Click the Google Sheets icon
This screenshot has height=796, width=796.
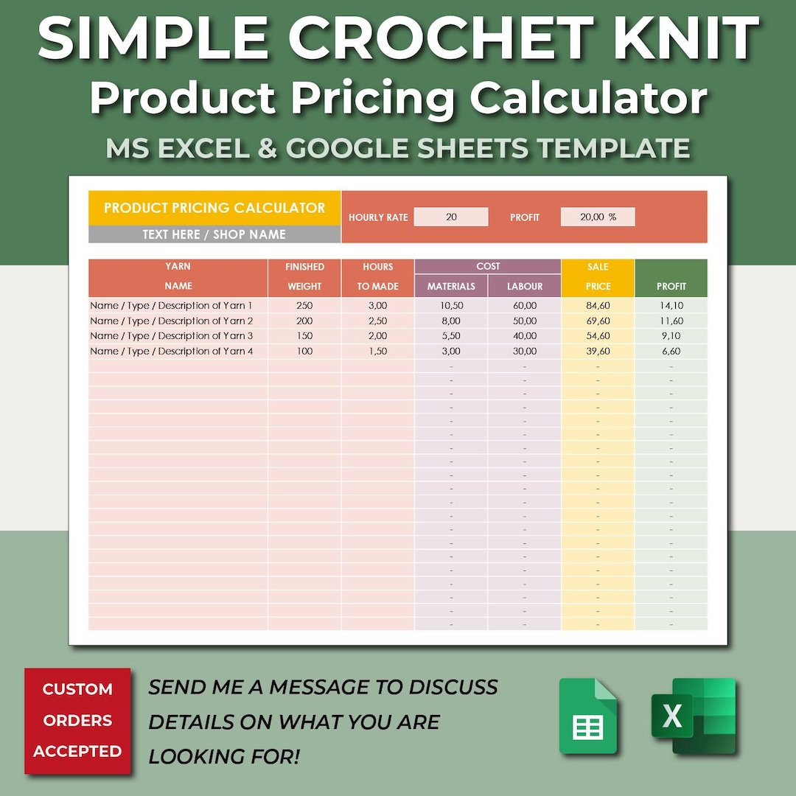(587, 716)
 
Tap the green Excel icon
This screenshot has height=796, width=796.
(693, 716)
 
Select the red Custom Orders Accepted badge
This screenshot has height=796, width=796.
(77, 720)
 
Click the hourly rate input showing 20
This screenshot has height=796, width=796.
(451, 217)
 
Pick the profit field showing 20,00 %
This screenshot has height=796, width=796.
(597, 217)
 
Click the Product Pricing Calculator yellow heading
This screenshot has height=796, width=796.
(214, 208)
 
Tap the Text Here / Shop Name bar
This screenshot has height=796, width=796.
(214, 234)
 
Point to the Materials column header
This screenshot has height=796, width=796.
(451, 286)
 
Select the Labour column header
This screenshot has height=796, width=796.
(525, 286)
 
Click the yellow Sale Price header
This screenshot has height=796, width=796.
(598, 276)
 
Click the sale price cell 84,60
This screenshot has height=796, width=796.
(598, 305)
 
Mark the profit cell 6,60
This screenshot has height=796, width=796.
(671, 351)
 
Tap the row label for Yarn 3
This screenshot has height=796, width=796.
(172, 335)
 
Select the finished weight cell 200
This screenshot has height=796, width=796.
(304, 321)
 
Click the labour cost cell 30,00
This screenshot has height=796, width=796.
(525, 351)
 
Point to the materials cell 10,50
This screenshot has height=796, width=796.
(451, 305)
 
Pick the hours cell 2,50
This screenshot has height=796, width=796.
(377, 321)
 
